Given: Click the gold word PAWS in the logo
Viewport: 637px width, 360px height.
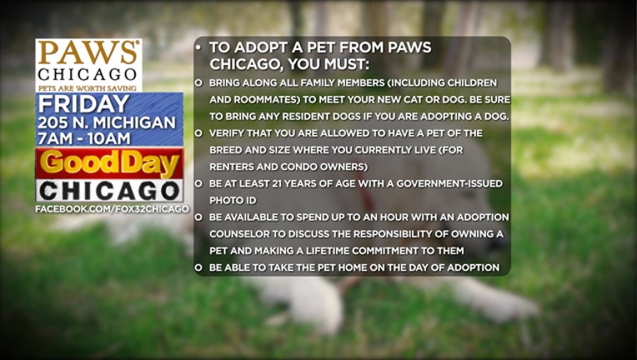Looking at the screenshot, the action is [x=88, y=52].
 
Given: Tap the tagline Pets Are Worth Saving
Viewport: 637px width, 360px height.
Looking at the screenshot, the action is [x=88, y=88].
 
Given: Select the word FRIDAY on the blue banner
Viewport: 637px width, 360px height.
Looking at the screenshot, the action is [x=83, y=104].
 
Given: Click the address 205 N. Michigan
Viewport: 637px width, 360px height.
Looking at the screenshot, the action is [x=107, y=122].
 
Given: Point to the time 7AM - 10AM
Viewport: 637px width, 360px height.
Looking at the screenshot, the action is [x=84, y=138].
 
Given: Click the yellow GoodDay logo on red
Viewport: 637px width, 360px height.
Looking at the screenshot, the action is [x=109, y=163].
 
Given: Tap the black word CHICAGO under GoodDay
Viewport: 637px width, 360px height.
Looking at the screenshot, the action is [x=110, y=191].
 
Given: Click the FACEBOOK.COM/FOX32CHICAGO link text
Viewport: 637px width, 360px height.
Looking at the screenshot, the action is [x=112, y=209].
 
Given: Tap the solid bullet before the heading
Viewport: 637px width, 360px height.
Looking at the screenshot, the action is [x=198, y=47].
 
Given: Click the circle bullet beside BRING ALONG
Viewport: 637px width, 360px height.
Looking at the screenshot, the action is [x=198, y=82].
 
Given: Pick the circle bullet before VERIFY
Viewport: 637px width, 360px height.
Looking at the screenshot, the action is [x=198, y=133].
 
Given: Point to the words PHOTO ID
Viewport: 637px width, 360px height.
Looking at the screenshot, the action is [x=233, y=201].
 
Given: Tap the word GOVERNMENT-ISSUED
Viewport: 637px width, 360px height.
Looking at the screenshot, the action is [x=449, y=183].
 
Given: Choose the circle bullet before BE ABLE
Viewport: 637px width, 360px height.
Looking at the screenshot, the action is [x=198, y=267].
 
